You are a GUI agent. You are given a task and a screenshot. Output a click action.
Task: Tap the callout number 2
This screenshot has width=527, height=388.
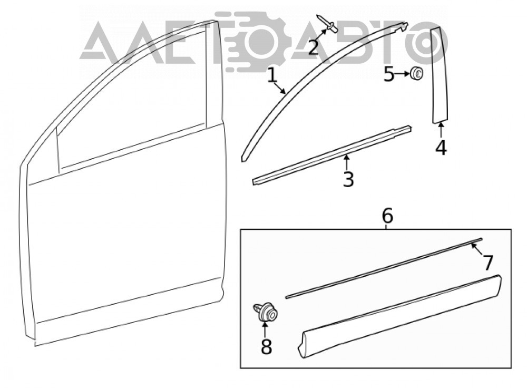(313, 47)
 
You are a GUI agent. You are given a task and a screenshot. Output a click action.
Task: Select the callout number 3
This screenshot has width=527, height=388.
(348, 179)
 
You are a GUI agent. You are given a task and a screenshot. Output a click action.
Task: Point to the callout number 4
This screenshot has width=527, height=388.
(441, 148)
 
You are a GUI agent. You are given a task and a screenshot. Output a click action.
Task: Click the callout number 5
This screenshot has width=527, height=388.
(389, 74)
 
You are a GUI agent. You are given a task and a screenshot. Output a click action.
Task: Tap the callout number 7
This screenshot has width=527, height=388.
(487, 262)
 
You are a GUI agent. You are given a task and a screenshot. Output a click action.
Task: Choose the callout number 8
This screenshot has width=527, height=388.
(266, 346)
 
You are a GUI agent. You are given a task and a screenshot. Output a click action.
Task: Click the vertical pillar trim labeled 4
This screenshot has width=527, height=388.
(440, 76)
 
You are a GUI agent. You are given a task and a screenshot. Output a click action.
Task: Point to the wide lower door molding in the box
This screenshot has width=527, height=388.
(399, 316)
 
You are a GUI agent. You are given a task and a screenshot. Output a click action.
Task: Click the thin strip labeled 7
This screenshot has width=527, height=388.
(384, 268)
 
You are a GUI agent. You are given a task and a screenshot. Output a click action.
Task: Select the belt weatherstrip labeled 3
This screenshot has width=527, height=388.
(332, 155)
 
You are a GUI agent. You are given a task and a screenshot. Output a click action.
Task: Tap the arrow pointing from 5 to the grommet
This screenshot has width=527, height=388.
(402, 74)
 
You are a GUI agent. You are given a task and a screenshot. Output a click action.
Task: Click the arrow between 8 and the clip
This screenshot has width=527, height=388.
(265, 329)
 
